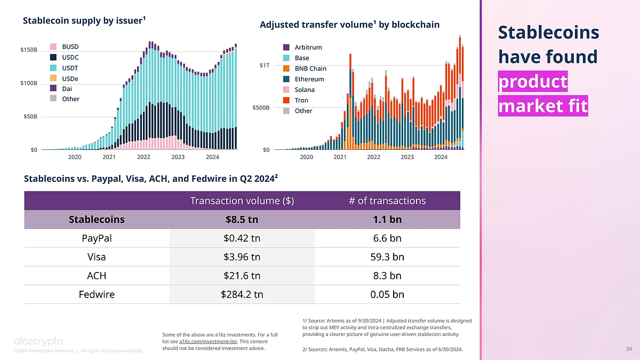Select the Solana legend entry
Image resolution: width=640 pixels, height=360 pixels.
305,90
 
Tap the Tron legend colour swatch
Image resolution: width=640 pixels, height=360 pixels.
286,100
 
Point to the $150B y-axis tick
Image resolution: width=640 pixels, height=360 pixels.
29,50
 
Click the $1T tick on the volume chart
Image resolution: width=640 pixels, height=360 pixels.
264,65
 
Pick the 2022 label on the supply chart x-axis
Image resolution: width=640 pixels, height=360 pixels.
143,157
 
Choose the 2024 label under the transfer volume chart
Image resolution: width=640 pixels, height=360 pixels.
441,157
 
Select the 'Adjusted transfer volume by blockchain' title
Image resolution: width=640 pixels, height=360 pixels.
349,25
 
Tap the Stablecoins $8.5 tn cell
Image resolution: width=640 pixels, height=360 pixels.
242,219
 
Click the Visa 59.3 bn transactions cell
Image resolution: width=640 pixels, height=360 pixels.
387,257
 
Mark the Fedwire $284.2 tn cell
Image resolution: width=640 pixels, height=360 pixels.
242,294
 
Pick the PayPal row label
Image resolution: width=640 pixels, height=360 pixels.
97,238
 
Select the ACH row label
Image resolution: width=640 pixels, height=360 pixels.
97,275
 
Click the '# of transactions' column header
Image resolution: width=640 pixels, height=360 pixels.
387,201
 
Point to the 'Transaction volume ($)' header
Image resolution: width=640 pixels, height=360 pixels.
242,201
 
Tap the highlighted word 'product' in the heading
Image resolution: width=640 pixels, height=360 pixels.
532,82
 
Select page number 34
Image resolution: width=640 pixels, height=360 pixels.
628,349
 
